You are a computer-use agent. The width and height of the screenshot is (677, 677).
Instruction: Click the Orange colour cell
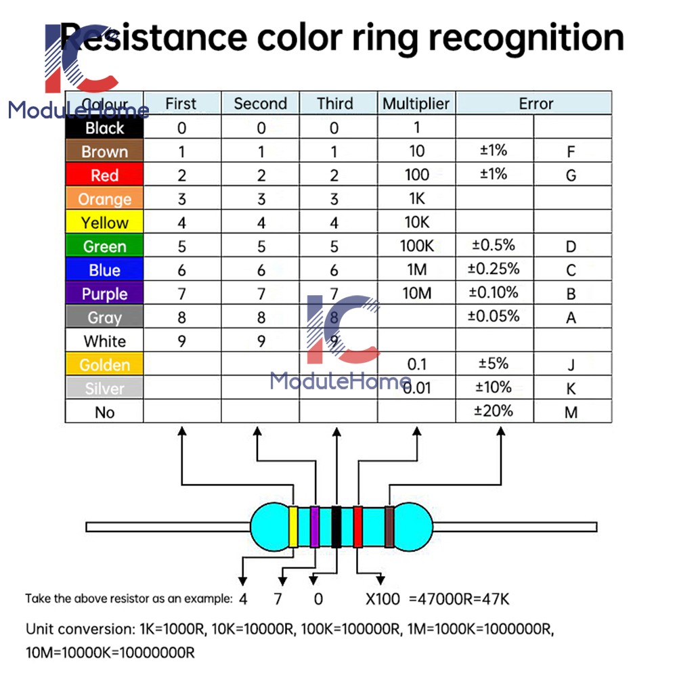click(x=104, y=199)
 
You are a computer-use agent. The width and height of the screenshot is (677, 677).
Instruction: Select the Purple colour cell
click(x=104, y=294)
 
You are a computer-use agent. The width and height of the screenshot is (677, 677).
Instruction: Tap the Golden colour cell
click(x=104, y=365)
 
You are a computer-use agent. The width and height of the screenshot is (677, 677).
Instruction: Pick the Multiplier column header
click(x=416, y=104)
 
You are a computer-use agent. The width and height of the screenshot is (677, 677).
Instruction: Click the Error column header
click(x=536, y=104)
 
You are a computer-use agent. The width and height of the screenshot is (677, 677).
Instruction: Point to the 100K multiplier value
click(x=416, y=246)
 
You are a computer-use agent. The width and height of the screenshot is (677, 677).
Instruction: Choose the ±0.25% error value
click(x=494, y=269)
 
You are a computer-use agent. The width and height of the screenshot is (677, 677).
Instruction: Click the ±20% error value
click(x=494, y=410)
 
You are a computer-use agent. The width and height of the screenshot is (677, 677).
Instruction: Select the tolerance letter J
click(x=571, y=366)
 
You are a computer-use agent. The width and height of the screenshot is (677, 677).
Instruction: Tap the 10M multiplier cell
click(x=416, y=293)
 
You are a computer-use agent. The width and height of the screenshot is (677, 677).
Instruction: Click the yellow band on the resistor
click(x=293, y=527)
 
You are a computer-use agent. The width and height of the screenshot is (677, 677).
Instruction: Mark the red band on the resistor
click(x=357, y=527)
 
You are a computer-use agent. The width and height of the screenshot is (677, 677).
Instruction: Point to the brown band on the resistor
click(x=389, y=527)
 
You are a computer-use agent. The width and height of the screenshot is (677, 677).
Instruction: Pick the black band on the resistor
click(x=336, y=527)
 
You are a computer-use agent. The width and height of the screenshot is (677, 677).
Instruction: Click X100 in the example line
click(x=383, y=598)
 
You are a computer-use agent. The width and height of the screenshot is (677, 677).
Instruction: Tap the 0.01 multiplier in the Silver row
click(x=418, y=389)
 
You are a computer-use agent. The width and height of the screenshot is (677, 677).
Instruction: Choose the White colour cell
click(x=104, y=341)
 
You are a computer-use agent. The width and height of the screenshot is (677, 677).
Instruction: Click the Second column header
click(x=261, y=104)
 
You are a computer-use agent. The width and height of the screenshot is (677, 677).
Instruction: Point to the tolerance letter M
click(x=571, y=412)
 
